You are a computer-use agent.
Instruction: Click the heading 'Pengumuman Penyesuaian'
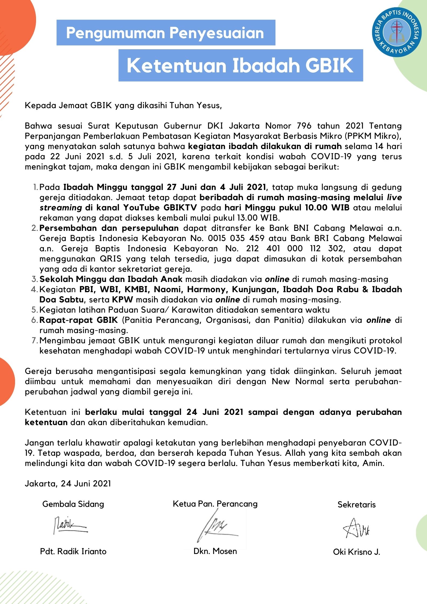point(165,33)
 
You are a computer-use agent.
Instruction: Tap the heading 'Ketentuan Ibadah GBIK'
point(240,65)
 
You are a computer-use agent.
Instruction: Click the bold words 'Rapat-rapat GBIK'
point(79,320)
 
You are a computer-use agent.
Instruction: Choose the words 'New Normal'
point(298,382)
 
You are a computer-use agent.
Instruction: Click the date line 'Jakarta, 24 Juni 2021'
point(68,483)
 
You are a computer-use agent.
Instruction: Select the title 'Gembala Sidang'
point(73,504)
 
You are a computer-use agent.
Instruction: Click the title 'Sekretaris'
point(357,504)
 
